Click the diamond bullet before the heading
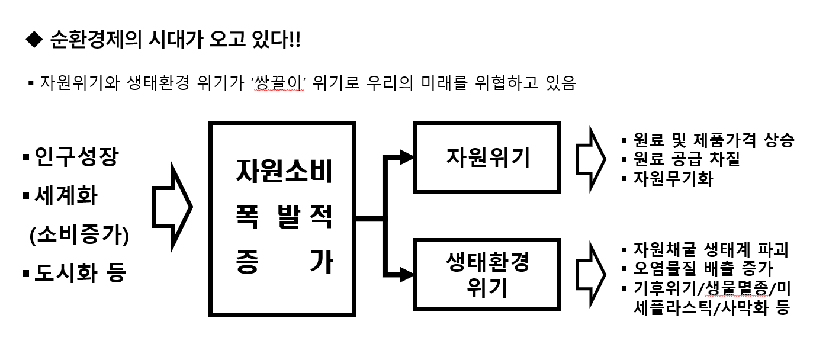[34, 40]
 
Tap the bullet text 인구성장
[76, 157]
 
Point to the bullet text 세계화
[66, 195]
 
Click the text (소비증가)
[79, 234]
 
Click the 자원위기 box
[487, 157]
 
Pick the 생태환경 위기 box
[487, 275]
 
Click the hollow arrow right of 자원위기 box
[590, 159]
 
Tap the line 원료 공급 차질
[686, 159]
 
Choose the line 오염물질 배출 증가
[703, 268]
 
